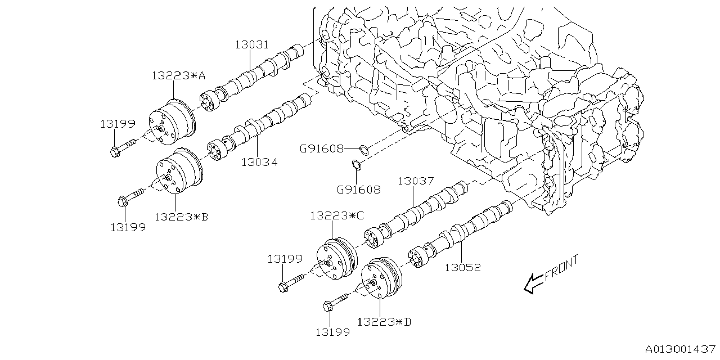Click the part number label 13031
pos(251,45)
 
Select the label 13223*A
pos(178,76)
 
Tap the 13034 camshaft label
pos(259,163)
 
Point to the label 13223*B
pos(181,216)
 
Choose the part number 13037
pos(416,181)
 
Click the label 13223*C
pos(337,216)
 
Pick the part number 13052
pos(463,268)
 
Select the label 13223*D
pos(384,322)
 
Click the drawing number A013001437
pos(679,349)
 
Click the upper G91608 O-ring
pos(364,150)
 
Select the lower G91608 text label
pos(358,190)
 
